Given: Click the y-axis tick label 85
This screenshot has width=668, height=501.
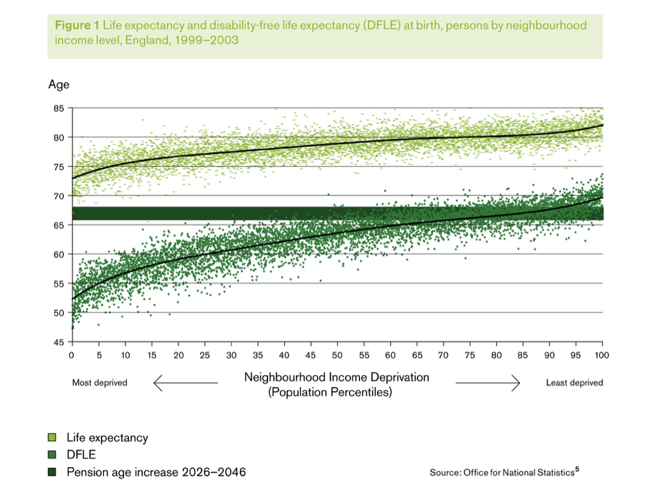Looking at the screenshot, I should [x=59, y=108].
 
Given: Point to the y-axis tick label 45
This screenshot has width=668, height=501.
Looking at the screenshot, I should [x=59, y=342].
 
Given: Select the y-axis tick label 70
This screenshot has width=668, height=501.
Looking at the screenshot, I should [x=59, y=196].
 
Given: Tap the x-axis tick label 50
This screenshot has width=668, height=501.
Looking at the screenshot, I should [x=337, y=355].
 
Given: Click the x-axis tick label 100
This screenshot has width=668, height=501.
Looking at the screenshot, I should [x=601, y=355].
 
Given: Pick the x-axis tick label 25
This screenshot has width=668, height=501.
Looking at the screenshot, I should [x=204, y=355].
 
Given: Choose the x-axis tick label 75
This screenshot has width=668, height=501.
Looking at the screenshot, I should [x=470, y=355].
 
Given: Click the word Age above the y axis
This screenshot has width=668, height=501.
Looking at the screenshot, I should [x=59, y=85].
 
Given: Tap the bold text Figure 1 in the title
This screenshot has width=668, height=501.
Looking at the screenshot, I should [x=77, y=25].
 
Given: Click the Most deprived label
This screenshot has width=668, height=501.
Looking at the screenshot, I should [x=99, y=383].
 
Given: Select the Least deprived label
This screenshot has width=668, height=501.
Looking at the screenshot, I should [x=574, y=383].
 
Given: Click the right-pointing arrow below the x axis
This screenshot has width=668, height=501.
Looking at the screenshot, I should [x=488, y=384].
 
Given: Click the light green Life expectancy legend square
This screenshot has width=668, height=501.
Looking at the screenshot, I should [x=52, y=438].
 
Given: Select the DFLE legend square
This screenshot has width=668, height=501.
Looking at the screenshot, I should [x=52, y=455].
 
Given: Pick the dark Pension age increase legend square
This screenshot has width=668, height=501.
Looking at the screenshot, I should [x=52, y=472].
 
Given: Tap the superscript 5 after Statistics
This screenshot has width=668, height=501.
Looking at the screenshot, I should [x=577, y=469].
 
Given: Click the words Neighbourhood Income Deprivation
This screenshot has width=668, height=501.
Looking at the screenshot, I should [x=337, y=377].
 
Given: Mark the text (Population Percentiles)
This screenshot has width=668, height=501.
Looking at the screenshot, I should [x=330, y=392].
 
